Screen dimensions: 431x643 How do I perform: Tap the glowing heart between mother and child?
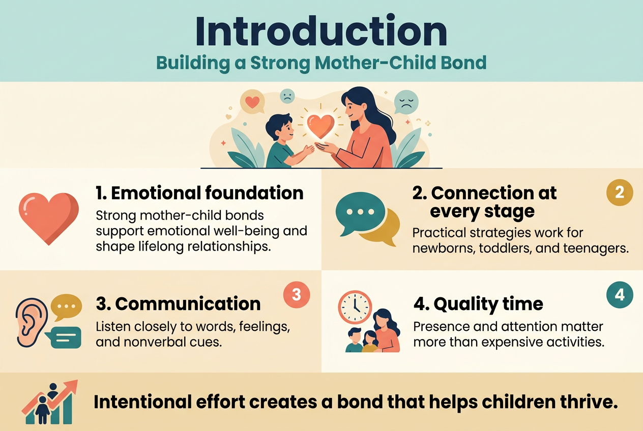(321, 126)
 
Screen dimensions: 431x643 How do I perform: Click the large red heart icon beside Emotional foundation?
(49, 217)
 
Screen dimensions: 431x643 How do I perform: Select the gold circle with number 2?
(620, 193)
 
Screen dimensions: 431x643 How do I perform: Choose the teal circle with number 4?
(620, 294)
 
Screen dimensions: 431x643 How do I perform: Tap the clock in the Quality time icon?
(355, 307)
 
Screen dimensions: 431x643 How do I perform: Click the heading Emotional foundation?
(199, 193)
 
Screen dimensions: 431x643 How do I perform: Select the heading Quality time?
(478, 304)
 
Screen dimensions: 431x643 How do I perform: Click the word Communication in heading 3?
(188, 303)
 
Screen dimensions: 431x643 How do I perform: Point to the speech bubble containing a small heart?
(252, 102)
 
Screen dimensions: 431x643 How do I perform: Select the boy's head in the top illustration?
(277, 129)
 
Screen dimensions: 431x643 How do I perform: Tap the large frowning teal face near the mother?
(406, 102)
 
